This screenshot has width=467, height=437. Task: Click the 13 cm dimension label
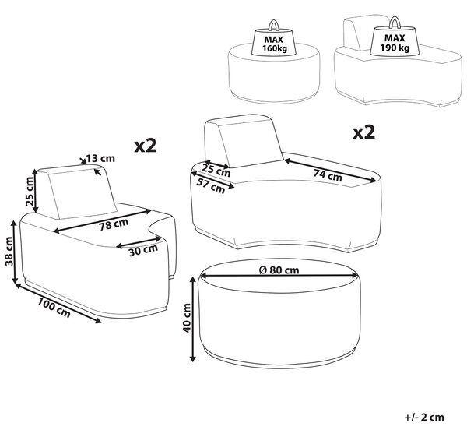(100, 158)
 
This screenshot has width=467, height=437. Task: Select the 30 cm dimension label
(143, 250)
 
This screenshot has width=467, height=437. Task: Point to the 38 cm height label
(9, 251)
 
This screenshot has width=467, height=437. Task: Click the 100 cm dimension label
(54, 308)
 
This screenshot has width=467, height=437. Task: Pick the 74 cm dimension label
(328, 175)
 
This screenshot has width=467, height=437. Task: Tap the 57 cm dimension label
(211, 185)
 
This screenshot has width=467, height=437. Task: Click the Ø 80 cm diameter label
(279, 270)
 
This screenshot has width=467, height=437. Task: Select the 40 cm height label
(187, 318)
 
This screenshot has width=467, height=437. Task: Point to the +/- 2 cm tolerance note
(424, 417)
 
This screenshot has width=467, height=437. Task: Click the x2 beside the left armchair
(146, 146)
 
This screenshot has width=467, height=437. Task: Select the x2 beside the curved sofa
(363, 132)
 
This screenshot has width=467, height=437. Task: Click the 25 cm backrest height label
(30, 191)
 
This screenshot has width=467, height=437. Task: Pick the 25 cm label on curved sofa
(216, 171)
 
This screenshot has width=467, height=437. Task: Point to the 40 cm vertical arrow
(193, 319)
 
